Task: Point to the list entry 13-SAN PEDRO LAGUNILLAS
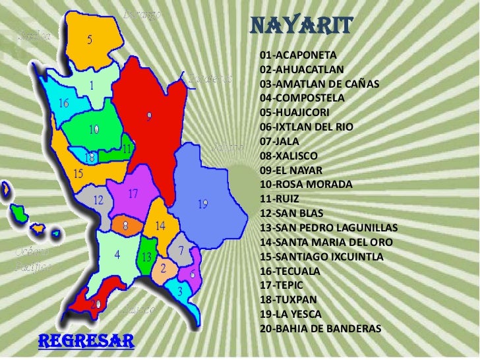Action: tap(329, 228)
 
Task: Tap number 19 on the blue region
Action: tap(203, 204)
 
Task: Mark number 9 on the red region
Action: tap(150, 116)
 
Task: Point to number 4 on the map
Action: tap(117, 253)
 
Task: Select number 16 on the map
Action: tap(64, 104)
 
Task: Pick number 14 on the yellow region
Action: tap(160, 225)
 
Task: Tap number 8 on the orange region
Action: tap(125, 225)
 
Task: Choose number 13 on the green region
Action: tap(147, 256)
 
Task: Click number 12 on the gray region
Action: tap(98, 200)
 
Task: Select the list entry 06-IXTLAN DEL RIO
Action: tap(307, 127)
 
